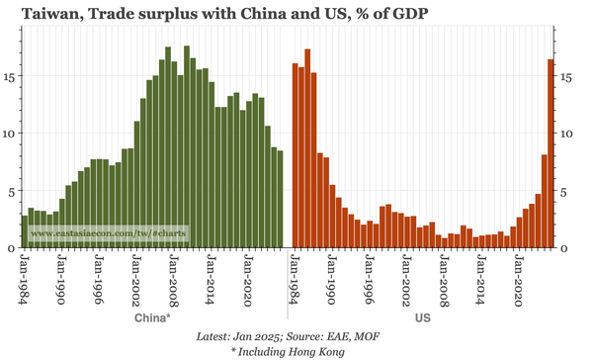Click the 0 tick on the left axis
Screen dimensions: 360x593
coord(12,247)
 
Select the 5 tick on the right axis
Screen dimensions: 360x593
coord(565,190)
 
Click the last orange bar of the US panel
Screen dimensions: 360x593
coord(551,153)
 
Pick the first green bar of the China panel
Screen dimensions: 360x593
coord(25,231)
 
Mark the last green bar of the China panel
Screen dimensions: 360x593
coord(280,199)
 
